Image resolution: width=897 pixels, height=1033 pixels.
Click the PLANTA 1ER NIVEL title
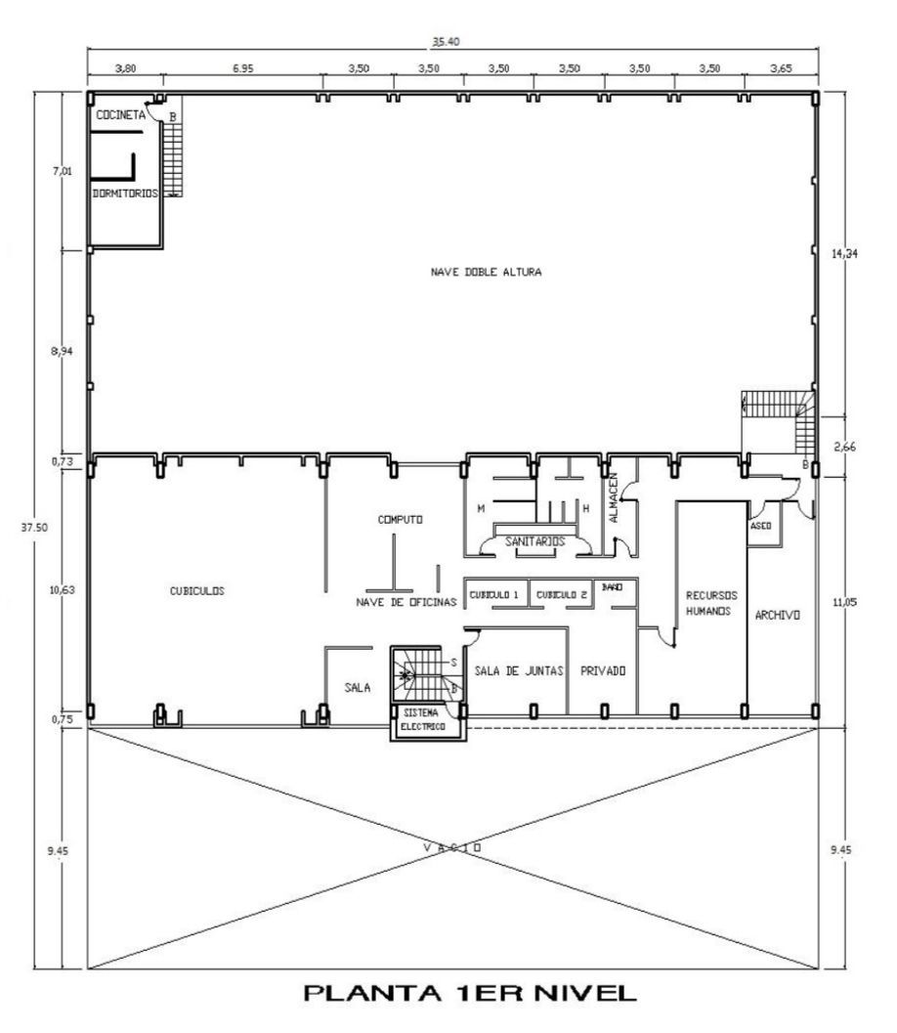point(470,993)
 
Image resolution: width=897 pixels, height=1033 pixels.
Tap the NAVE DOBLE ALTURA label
point(486,272)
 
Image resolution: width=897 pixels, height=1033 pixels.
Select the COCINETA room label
point(120,114)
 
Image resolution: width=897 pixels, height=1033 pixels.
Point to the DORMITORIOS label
point(125,194)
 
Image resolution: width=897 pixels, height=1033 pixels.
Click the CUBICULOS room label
point(197,591)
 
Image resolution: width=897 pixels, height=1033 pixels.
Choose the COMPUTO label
point(401,520)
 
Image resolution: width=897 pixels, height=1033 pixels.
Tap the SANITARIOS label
point(534,541)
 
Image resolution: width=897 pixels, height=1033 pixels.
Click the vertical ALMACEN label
point(614,497)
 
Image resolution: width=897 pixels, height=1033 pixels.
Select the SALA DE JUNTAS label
point(519,670)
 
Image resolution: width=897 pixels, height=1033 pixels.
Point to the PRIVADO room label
point(603,670)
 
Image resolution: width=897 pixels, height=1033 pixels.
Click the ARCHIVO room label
point(777,615)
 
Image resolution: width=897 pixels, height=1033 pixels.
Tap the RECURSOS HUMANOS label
point(711,603)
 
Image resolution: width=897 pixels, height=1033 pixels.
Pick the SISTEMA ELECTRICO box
point(428,722)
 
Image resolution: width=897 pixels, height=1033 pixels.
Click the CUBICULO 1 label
point(494,595)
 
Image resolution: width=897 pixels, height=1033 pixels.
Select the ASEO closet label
point(760,526)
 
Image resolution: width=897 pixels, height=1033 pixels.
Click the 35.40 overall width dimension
point(446,41)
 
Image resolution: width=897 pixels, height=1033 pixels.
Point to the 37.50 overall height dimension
point(34,527)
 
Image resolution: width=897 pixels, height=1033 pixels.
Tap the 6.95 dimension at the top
point(242,67)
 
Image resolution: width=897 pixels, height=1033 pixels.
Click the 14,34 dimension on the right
point(844,253)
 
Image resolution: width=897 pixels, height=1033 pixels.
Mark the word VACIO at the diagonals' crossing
point(452,847)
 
